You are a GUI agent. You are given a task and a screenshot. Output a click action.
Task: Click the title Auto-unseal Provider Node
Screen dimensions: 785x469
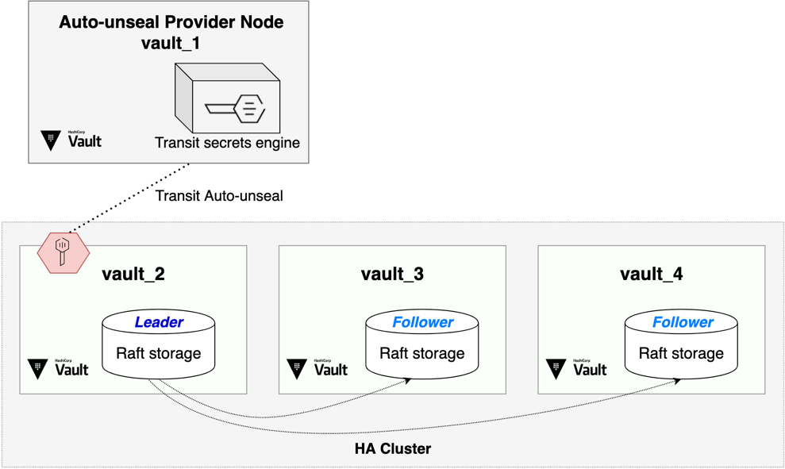(171, 22)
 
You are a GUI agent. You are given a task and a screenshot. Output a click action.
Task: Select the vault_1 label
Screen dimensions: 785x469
(171, 43)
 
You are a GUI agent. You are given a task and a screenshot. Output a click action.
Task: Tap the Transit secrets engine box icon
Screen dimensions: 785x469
(227, 98)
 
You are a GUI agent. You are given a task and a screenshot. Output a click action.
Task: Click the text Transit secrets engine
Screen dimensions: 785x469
(227, 143)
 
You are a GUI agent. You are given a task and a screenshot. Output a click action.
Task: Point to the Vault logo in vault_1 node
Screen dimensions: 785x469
(71, 140)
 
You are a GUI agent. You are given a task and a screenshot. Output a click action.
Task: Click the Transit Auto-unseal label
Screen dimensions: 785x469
(219, 196)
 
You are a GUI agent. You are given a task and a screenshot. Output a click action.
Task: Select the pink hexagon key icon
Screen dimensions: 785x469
(63, 253)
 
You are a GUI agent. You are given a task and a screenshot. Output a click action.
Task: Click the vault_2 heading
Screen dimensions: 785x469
(133, 275)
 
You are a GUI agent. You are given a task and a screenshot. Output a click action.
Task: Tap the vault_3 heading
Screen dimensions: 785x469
(392, 275)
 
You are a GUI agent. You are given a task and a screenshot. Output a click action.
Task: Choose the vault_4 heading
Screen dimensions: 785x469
(652, 275)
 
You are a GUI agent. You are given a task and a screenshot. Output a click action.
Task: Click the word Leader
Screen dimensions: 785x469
(159, 322)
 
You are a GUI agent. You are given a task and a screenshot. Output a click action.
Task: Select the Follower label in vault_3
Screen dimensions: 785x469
(422, 322)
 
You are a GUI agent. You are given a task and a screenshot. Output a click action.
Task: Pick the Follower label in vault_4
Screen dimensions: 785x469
(683, 322)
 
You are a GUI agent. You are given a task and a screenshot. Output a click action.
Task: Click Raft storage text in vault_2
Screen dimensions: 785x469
(159, 353)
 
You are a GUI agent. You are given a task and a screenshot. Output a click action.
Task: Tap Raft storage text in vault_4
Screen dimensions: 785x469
(681, 353)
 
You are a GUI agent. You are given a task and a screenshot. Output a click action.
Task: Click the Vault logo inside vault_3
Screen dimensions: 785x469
(317, 369)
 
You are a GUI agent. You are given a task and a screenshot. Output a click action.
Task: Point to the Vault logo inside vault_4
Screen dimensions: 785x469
(576, 369)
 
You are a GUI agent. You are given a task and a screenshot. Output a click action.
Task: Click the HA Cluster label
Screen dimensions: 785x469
(393, 448)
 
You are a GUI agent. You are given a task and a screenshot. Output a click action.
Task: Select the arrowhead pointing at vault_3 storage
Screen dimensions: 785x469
(407, 381)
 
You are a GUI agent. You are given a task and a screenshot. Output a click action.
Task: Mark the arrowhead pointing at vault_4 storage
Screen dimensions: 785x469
(677, 381)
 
